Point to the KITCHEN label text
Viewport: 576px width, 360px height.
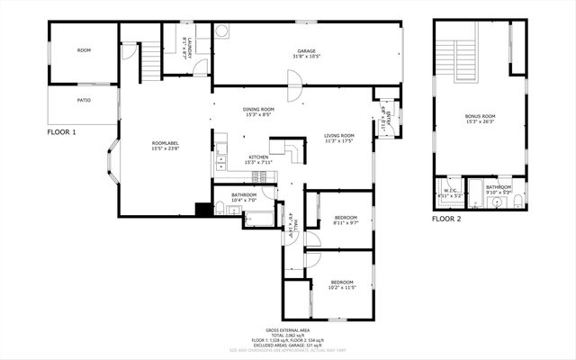click(x=257, y=157)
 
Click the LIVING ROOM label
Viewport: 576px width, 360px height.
click(x=339, y=136)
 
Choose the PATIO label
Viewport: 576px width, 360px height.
click(x=84, y=100)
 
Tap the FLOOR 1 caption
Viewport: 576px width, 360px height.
click(x=62, y=132)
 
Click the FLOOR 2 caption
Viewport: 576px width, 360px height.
click(x=445, y=219)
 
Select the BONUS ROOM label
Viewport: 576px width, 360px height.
click(x=480, y=117)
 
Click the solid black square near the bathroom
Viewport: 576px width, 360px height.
click(x=203, y=210)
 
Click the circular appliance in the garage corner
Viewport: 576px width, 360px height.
click(x=221, y=30)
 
